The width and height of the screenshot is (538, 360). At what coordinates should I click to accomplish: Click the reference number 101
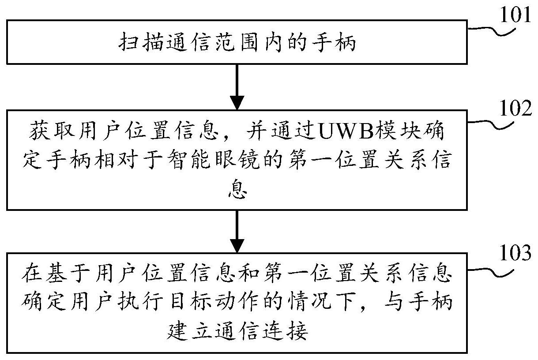click(x=515, y=15)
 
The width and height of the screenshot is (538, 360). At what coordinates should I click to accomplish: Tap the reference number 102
click(x=515, y=108)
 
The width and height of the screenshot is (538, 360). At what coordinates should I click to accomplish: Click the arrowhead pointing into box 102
click(x=237, y=102)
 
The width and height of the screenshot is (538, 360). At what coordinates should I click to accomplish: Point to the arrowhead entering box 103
click(x=237, y=246)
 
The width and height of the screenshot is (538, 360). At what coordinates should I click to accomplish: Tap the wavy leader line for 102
click(x=491, y=125)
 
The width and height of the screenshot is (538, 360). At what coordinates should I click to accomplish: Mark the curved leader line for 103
click(x=491, y=273)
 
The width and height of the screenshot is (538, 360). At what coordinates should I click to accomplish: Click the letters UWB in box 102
click(x=346, y=132)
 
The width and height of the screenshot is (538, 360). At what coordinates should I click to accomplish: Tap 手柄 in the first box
click(x=334, y=42)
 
